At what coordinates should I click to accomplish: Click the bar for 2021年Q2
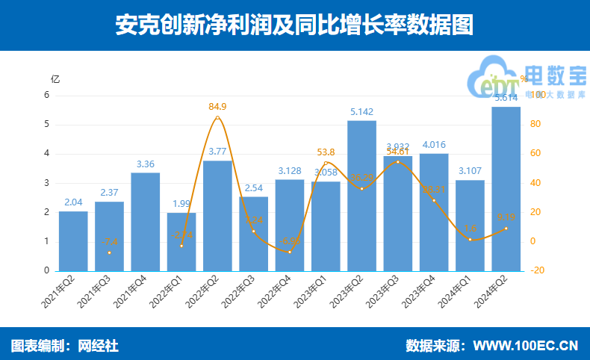pos(73,240)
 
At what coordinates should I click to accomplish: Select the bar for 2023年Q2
pos(361,196)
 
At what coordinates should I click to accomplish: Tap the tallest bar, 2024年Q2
pos(506,188)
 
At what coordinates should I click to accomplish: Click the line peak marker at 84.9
pos(217,117)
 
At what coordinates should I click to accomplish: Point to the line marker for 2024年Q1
pos(470,239)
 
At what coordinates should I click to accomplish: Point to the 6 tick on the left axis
pos(46,95)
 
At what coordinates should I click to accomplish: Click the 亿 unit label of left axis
pos(55,78)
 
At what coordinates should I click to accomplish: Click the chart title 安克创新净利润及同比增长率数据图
pos(294,25)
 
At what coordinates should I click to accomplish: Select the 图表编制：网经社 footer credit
pos(64,346)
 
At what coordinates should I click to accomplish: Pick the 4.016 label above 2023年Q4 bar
pos(434,145)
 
